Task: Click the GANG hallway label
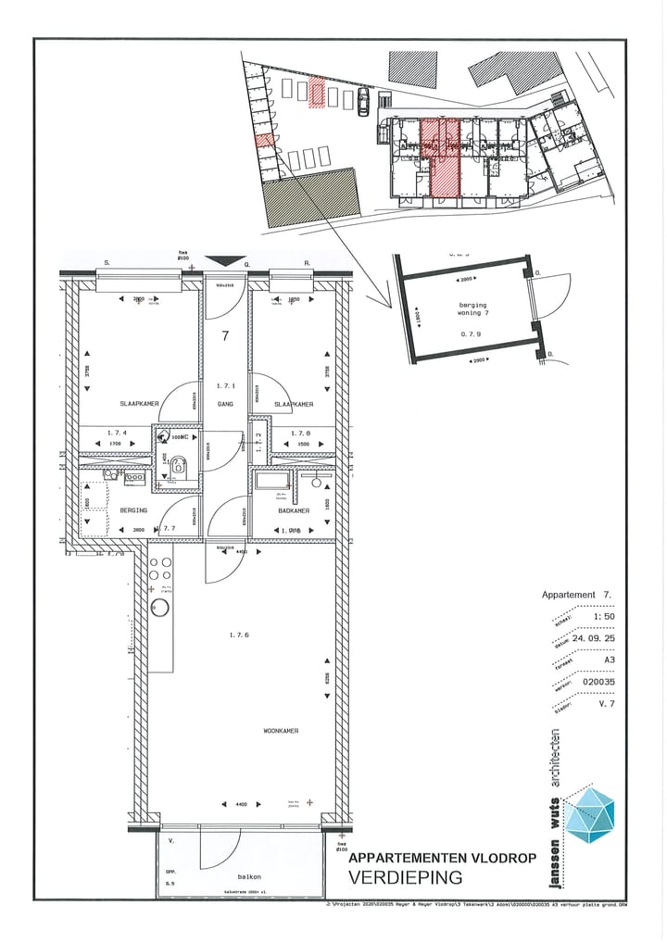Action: [x=225, y=405]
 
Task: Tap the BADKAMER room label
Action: [x=292, y=510]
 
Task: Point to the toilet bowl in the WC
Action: [x=179, y=468]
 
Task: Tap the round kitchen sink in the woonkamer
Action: [x=159, y=608]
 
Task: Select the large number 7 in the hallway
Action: [x=225, y=336]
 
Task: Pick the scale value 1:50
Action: [x=603, y=616]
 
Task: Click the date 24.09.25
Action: [x=592, y=638]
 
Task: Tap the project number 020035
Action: [x=598, y=683]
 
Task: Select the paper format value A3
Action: [x=609, y=660]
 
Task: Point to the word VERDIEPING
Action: [x=406, y=876]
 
